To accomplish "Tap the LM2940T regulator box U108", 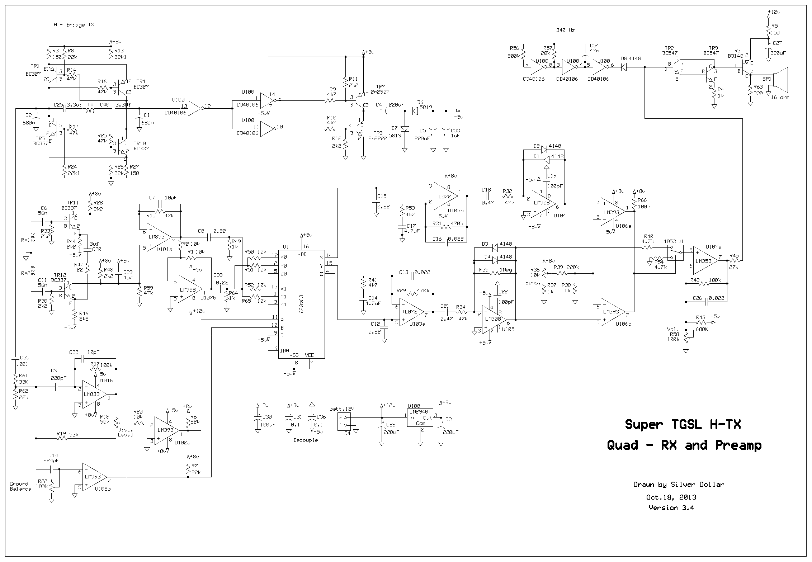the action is click(x=420, y=417).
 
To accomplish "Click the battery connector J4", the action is click(x=344, y=421).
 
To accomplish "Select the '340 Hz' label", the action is click(x=565, y=30).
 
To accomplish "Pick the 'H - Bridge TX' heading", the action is click(x=74, y=25).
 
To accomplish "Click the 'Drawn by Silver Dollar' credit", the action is click(x=679, y=485).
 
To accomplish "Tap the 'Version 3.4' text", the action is click(x=671, y=507).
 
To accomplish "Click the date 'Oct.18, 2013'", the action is click(x=671, y=497).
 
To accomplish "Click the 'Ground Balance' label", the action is click(x=20, y=486).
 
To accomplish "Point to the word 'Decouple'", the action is click(x=306, y=440).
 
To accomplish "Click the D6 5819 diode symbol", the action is click(x=415, y=111).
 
